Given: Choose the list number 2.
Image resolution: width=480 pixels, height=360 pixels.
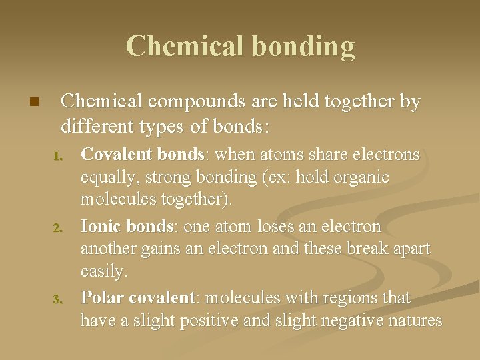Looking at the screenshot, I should coord(57,229).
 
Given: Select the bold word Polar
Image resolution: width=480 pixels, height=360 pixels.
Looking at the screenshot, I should coord(101,297).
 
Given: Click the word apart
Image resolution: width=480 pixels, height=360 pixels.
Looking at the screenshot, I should coord(409,249).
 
